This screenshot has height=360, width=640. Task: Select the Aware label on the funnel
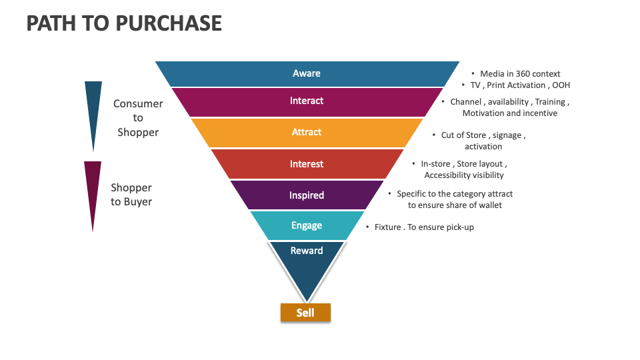(x=307, y=73)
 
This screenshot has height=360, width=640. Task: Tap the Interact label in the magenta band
(x=307, y=101)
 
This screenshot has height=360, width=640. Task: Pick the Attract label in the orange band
(x=307, y=132)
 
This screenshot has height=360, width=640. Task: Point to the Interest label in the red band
(x=307, y=164)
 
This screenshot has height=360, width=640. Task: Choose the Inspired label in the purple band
(x=307, y=195)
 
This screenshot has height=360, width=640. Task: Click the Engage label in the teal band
(x=307, y=225)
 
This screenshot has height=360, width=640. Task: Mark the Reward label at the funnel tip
(x=307, y=251)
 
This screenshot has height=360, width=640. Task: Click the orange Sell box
(x=305, y=313)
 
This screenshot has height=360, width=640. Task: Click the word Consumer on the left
(x=138, y=104)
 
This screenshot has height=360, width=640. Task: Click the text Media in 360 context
(x=520, y=74)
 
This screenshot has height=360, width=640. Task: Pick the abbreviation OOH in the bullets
(x=561, y=85)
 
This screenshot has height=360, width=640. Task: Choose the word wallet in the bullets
(x=489, y=205)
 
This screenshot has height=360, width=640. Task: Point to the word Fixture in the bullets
(x=387, y=227)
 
